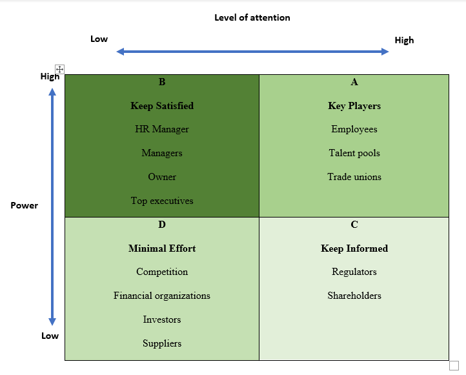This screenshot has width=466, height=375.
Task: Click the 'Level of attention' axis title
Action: pos(252,17)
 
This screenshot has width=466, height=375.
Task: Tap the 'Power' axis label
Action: pos(24,205)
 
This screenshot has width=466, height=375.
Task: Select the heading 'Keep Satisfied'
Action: pos(162,106)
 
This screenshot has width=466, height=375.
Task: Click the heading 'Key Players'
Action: pos(354,106)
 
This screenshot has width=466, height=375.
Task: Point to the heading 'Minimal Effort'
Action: pos(162,248)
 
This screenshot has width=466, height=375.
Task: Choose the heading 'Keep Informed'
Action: pos(354,248)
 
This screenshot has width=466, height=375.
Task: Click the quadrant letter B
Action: pos(162,82)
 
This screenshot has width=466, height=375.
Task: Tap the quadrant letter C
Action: pos(354,225)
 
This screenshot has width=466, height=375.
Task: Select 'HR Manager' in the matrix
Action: pos(162,129)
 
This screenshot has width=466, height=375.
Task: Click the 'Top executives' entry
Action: pos(162,201)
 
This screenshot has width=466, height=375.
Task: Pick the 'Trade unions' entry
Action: pos(354,177)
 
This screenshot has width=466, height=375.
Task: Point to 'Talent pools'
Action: pos(354,153)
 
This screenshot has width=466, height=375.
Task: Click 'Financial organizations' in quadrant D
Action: pos(162,296)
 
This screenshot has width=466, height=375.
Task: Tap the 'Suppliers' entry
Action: pos(162,343)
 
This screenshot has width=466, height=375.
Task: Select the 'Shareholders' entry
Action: pos(354,296)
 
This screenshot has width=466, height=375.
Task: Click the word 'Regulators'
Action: pos(354,272)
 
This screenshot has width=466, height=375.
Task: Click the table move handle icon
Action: pos(60,69)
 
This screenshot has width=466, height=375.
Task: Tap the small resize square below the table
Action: pos(454,365)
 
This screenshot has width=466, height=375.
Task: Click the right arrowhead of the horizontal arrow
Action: pos(385,52)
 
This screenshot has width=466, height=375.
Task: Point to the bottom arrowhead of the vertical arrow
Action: pos(52,321)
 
